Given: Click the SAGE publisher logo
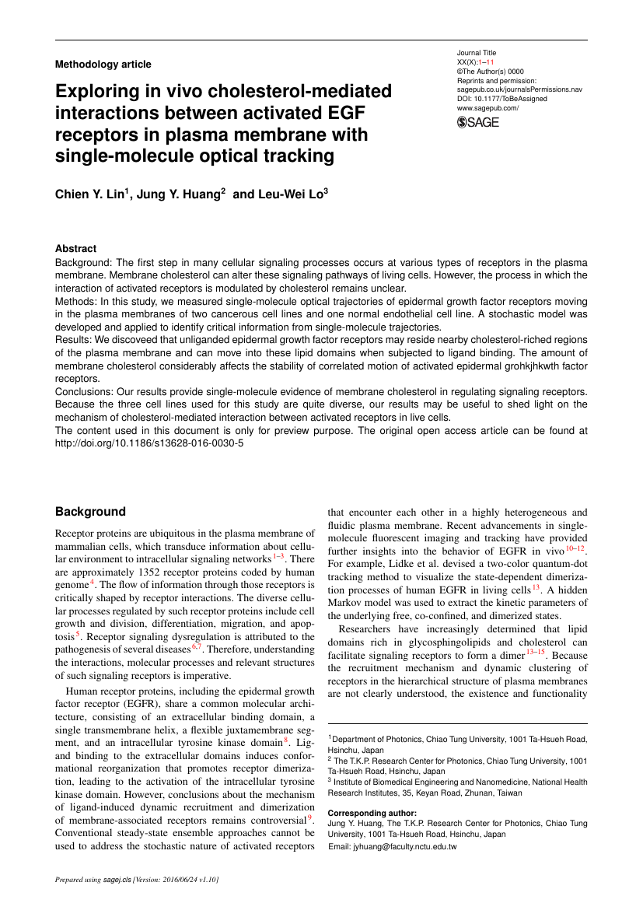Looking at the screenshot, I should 478,122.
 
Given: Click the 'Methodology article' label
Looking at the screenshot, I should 103,65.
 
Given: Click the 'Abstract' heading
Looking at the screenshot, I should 75,249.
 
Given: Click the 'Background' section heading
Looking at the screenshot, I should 90,512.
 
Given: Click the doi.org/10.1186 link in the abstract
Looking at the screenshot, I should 149,442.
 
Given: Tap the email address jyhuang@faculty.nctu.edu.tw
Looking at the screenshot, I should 393,846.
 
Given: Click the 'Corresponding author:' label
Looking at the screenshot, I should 372,813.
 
